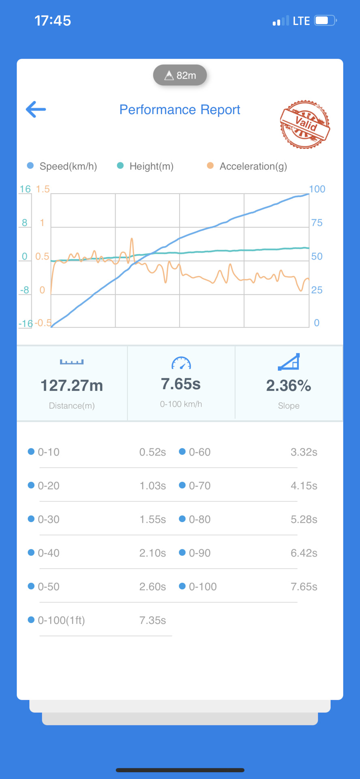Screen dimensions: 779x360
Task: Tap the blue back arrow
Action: (36, 110)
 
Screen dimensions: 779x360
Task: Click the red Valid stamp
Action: (305, 125)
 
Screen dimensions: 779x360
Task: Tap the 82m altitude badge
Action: (180, 75)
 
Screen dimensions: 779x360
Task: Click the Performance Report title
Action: (180, 110)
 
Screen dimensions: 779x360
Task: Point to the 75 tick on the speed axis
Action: (317, 223)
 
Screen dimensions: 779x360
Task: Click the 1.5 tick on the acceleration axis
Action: (43, 189)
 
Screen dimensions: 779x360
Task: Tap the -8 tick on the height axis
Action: (25, 290)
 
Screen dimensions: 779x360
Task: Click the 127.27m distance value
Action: (72, 385)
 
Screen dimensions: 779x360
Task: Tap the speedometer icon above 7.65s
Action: (181, 363)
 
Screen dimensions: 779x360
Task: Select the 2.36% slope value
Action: (289, 385)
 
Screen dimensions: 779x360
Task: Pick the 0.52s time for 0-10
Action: (152, 452)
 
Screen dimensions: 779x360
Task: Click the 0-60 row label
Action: (199, 452)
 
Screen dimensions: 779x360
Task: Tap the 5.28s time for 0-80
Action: (304, 519)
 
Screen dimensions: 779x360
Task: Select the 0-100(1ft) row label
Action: (61, 620)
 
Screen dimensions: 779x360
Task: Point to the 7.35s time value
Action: (152, 620)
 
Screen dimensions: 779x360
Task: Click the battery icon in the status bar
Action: (325, 21)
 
